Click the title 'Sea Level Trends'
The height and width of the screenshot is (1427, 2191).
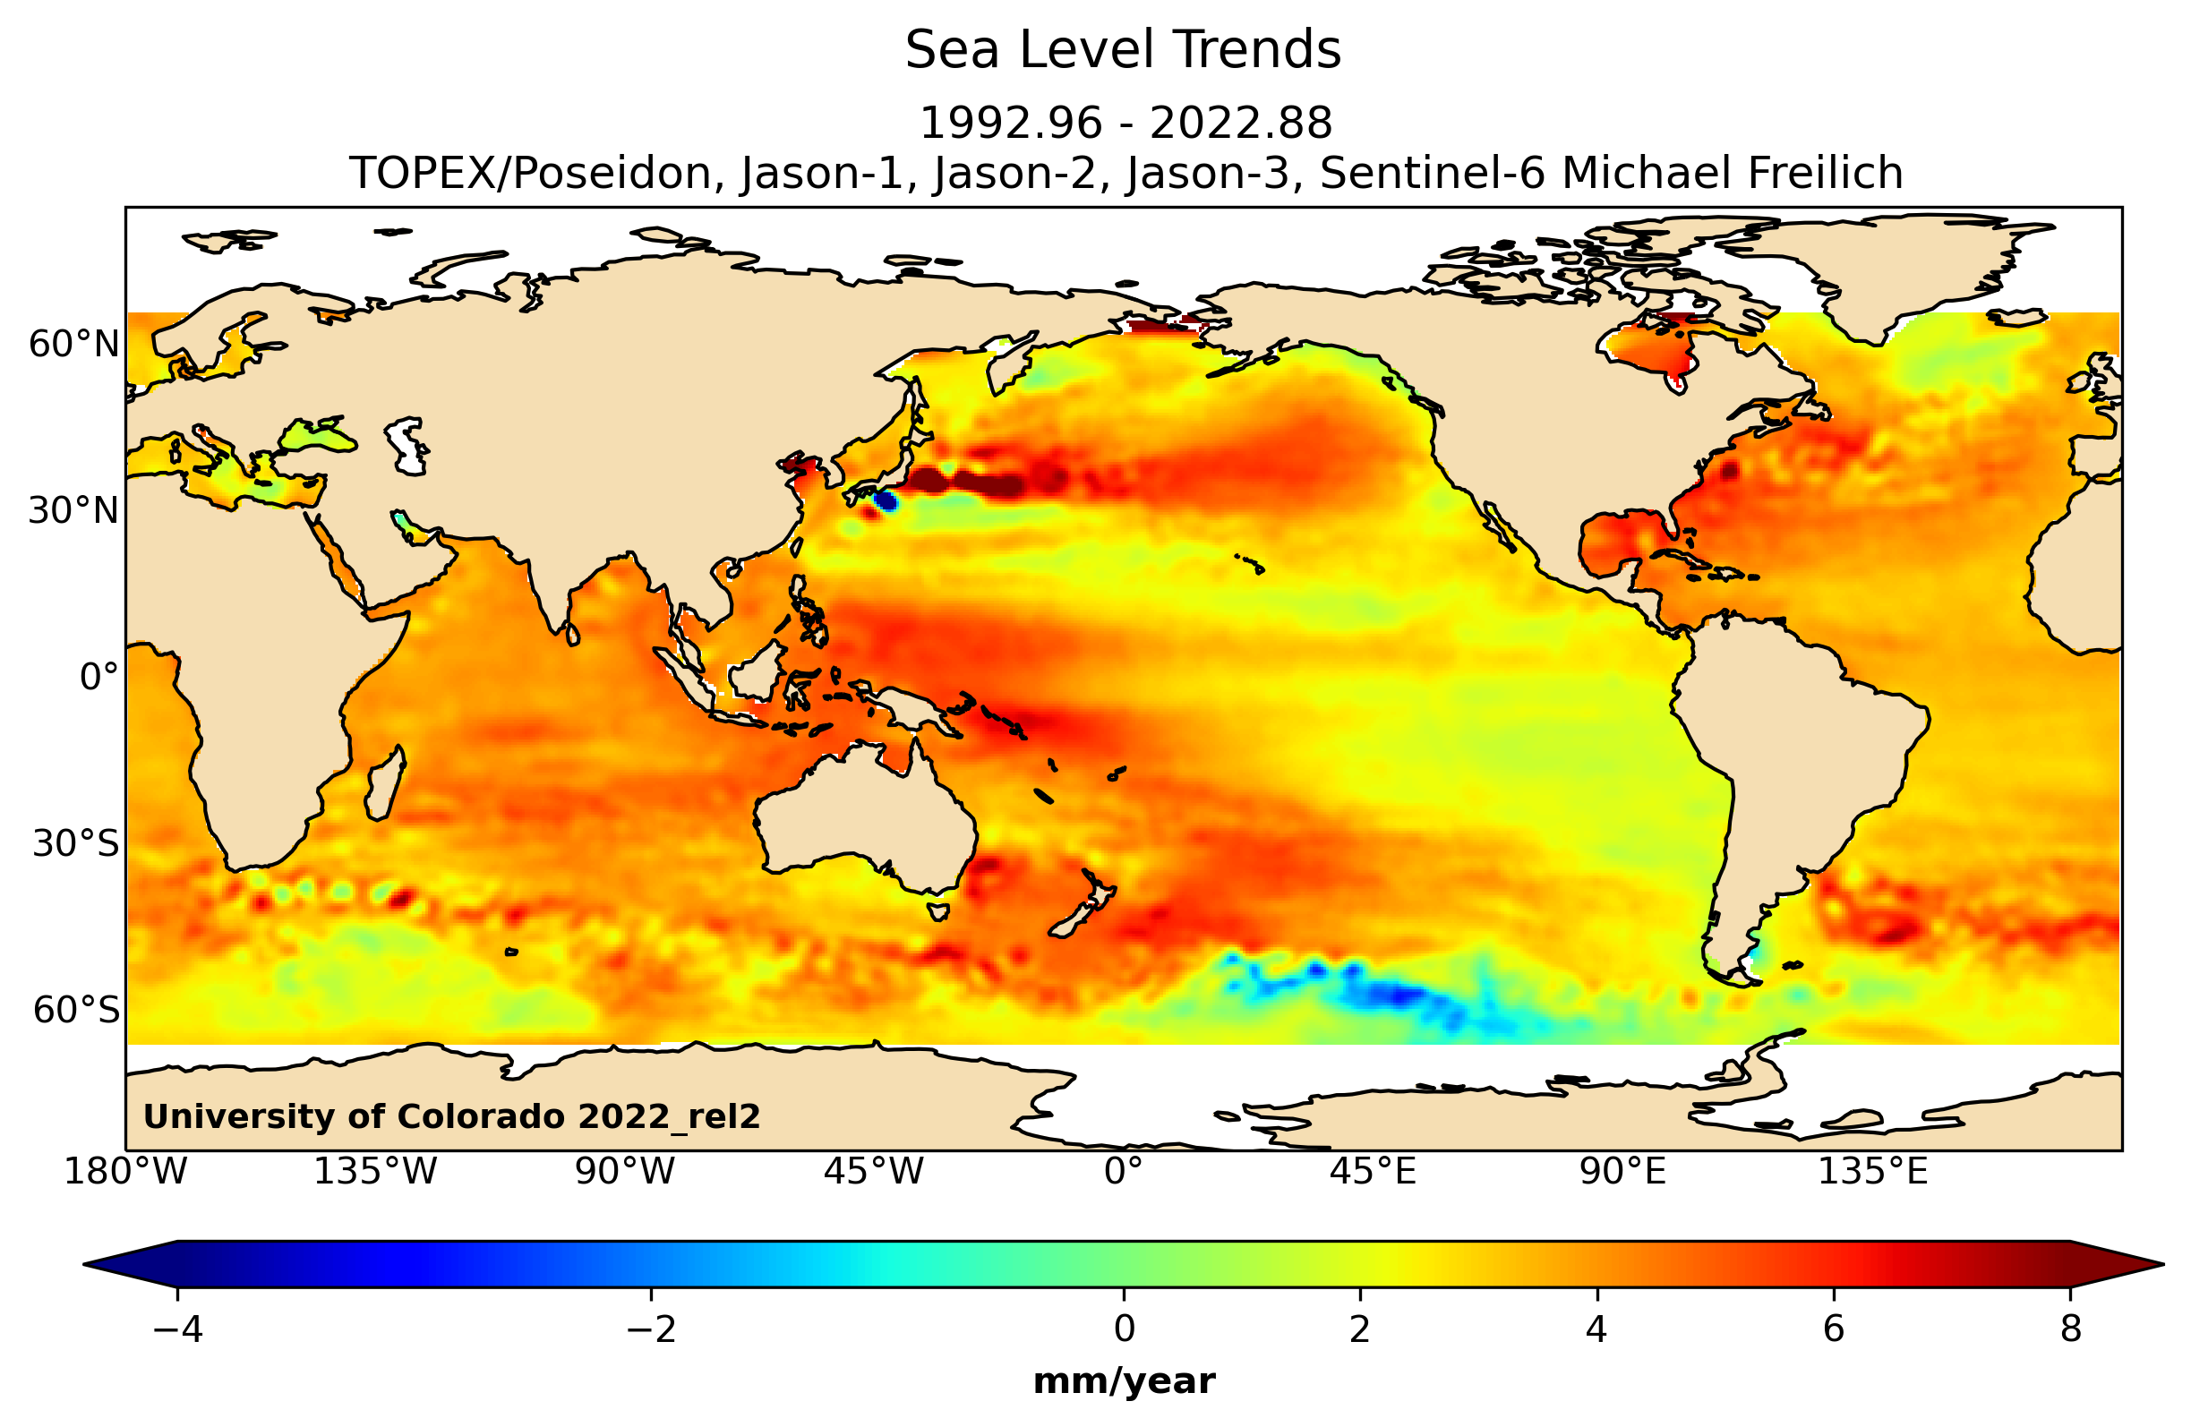point(1122,51)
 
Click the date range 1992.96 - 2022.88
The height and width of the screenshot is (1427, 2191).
point(1125,124)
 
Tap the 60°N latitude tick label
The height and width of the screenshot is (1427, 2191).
point(73,345)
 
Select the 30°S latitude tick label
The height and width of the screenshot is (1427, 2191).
point(75,843)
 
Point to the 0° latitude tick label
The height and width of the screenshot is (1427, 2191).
point(98,677)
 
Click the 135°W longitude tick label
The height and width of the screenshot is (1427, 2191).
point(374,1172)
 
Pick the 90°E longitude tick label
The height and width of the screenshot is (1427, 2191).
point(1622,1172)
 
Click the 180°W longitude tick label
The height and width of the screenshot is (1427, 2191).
point(125,1172)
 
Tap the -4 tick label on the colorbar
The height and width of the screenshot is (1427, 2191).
point(176,1329)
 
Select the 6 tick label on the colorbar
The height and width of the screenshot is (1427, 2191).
point(1833,1329)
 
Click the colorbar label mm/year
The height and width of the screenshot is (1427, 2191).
point(1123,1382)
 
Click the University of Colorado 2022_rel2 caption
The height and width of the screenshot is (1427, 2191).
point(451,1116)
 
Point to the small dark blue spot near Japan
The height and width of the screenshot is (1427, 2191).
point(885,500)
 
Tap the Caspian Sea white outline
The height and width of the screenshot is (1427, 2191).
point(406,447)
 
